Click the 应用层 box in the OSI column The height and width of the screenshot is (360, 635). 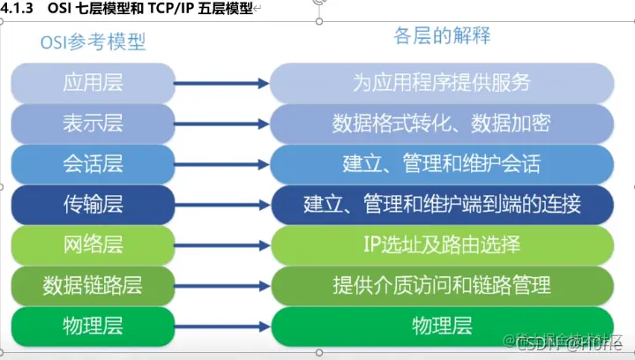point(92,84)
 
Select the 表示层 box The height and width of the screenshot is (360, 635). point(92,124)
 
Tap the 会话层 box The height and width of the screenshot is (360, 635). point(92,163)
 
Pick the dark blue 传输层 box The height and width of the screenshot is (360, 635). point(92,204)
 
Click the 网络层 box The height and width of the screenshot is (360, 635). point(92,244)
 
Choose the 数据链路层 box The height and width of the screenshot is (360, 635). point(92,285)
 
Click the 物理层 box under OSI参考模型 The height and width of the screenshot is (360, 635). point(92,326)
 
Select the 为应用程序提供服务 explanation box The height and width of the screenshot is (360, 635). point(441,84)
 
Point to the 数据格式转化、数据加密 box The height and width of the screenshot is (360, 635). point(441,124)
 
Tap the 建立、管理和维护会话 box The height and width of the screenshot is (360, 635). point(441,163)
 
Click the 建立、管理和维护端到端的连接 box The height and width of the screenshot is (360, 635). point(441,204)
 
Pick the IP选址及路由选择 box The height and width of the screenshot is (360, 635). point(441,244)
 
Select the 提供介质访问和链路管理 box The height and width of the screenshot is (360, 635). point(441,285)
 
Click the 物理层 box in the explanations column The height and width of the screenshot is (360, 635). point(441,326)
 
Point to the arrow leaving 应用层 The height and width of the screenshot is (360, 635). point(220,84)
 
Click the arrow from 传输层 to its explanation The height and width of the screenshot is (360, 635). point(220,204)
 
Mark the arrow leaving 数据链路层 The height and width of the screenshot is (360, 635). point(220,285)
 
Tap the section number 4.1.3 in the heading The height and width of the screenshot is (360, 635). point(19,7)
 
